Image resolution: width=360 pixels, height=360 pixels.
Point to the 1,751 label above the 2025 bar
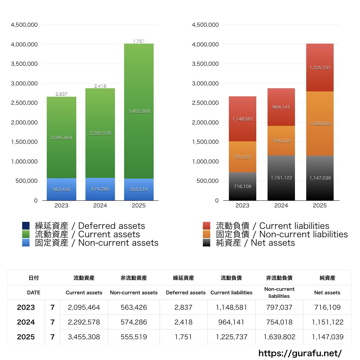click(x=139, y=41)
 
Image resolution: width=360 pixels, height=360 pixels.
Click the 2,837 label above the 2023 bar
click(x=62, y=94)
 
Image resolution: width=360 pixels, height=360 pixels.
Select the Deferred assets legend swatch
click(x=26, y=226)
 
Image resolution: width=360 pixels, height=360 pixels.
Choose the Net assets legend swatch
click(x=207, y=243)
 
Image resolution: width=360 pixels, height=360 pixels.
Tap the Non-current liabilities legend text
click(x=282, y=234)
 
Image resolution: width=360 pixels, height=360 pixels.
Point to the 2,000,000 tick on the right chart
click(x=205, y=122)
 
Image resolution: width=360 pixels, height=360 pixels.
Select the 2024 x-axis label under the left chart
click(x=100, y=206)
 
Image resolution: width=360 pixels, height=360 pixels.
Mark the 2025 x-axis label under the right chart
click(x=320, y=206)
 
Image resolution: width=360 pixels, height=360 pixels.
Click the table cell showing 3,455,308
click(x=84, y=337)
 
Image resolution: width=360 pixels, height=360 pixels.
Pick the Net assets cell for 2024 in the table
click(x=327, y=322)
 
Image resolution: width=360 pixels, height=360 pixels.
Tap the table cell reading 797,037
click(x=279, y=307)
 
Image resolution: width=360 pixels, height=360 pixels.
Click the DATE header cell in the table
click(x=34, y=292)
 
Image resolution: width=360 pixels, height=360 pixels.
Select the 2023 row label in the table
click(x=26, y=307)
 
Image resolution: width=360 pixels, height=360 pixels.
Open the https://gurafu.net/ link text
click(x=300, y=353)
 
